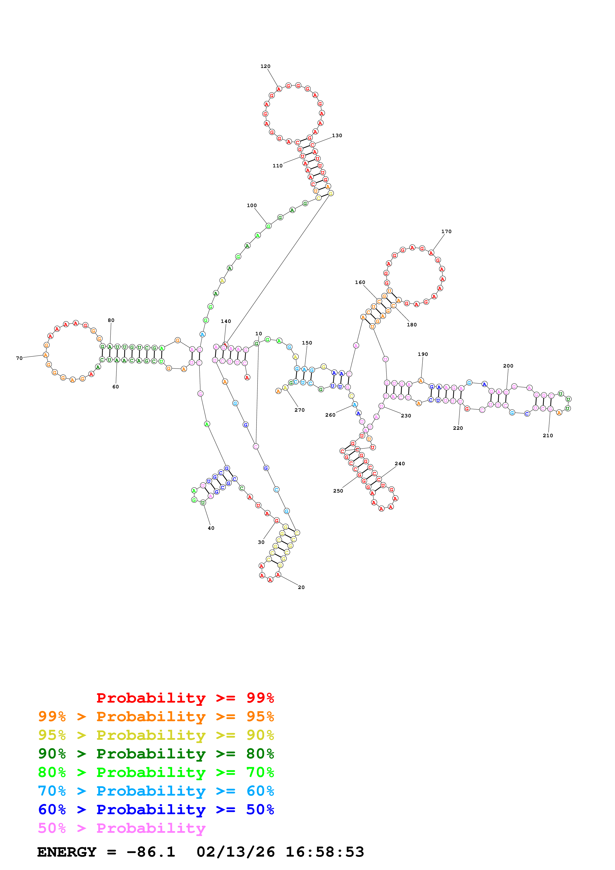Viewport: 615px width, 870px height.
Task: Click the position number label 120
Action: (x=265, y=66)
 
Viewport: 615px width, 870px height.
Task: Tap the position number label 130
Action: (x=337, y=136)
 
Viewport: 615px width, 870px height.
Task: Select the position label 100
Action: (x=252, y=205)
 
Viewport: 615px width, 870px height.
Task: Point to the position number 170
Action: (x=446, y=232)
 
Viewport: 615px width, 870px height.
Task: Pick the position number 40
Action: (x=211, y=528)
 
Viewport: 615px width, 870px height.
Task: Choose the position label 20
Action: (x=301, y=587)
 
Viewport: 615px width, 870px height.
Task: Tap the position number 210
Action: (x=548, y=436)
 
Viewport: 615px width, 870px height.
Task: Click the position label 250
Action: (x=338, y=491)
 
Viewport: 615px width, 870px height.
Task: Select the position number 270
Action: (x=299, y=410)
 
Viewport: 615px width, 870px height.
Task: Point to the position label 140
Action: (x=226, y=321)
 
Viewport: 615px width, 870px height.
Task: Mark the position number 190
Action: (x=423, y=354)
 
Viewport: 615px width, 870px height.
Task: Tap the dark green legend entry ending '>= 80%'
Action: (x=156, y=754)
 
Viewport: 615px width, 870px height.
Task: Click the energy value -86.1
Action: (x=151, y=852)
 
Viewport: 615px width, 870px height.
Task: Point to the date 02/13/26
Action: (x=235, y=852)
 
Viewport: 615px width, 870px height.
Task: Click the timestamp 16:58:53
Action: (x=325, y=852)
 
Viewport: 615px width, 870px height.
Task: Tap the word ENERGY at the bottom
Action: (x=67, y=852)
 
